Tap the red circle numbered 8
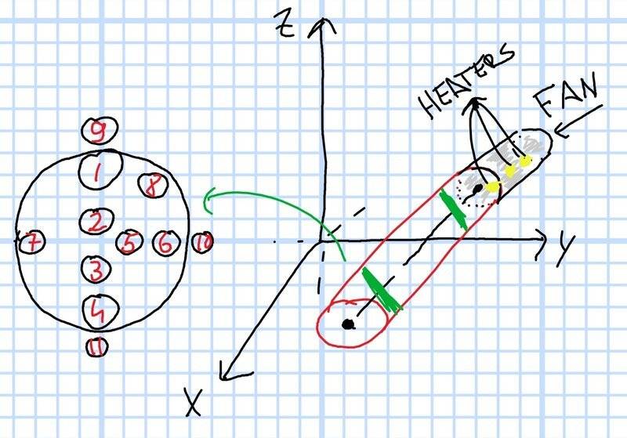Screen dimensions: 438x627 click(152, 186)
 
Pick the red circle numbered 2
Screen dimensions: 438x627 click(96, 222)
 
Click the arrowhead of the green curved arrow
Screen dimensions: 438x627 click(207, 202)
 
